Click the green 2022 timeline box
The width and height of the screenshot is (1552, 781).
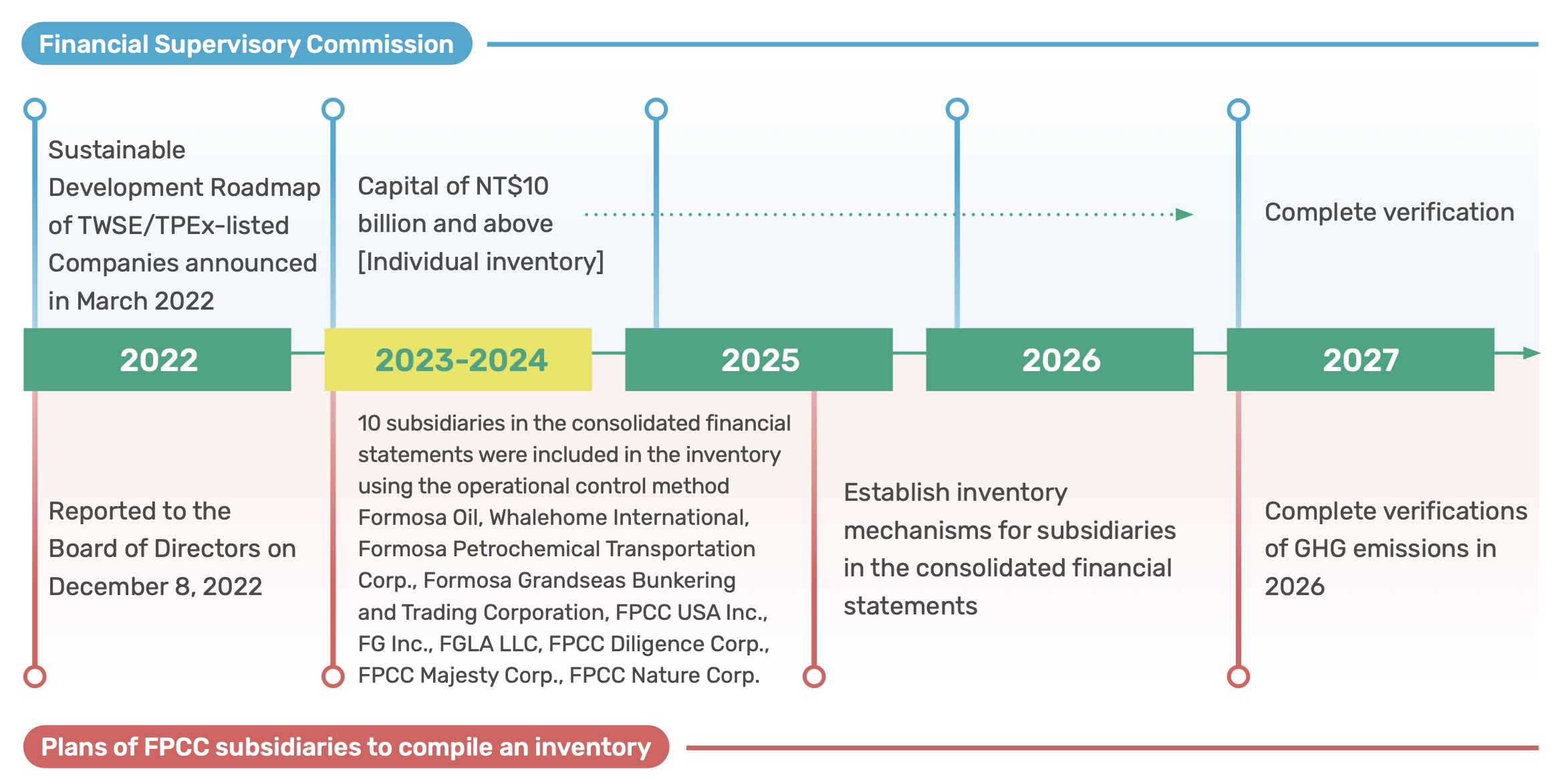click(x=157, y=359)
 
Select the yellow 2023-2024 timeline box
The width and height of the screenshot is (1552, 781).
click(x=458, y=359)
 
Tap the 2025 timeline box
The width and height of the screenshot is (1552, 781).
click(x=759, y=359)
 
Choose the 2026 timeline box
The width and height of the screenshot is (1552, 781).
click(x=1059, y=359)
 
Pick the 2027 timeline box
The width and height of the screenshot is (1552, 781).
click(x=1360, y=359)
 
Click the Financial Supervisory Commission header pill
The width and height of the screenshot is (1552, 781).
click(x=247, y=44)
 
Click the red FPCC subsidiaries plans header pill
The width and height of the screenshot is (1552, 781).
click(x=346, y=747)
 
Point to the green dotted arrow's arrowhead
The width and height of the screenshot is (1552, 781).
click(x=1184, y=215)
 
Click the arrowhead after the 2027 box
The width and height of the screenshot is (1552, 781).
click(x=1532, y=352)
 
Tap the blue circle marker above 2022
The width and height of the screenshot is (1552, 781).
click(x=35, y=109)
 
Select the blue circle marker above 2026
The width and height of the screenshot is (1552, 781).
click(x=957, y=109)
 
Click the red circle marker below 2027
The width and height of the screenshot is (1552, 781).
click(x=1239, y=676)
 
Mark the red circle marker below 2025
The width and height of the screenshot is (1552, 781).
click(x=814, y=676)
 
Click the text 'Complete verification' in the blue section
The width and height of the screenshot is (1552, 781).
click(x=1389, y=213)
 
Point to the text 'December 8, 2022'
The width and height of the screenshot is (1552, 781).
click(x=155, y=586)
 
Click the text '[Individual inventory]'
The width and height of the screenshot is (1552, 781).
click(x=481, y=261)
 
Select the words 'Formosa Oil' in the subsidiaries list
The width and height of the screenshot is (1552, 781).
click(x=420, y=517)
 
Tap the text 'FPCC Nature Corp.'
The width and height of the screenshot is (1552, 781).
click(x=664, y=675)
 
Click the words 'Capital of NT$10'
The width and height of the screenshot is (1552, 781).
click(x=453, y=186)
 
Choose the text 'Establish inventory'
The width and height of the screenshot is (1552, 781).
click(x=955, y=493)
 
